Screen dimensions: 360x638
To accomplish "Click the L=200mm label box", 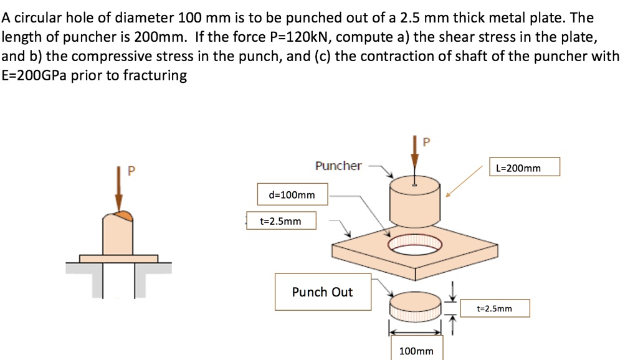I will click(525, 167).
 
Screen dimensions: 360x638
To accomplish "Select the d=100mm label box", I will click(292, 195).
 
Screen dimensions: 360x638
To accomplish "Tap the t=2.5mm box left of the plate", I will click(280, 220).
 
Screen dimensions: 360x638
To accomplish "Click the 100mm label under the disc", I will click(416, 351).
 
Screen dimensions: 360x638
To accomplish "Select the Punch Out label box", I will click(321, 292).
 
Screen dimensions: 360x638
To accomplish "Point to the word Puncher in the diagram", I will click(338, 166).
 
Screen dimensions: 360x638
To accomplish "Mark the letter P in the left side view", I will click(131, 169).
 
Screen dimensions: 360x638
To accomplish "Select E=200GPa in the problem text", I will click(31, 76).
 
